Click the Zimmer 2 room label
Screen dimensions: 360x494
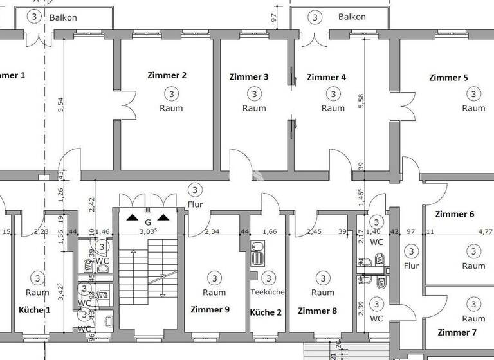167,75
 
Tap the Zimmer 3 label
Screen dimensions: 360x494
249,76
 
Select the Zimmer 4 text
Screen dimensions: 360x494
326,77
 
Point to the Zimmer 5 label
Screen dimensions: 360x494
448,78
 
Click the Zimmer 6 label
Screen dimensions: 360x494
455,214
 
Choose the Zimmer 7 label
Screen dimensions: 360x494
457,332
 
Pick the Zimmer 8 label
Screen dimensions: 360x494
318,310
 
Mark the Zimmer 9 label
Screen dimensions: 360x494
210,309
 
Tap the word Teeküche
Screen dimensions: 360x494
267,292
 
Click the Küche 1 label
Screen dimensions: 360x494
35,310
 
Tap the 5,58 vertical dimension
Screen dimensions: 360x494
361,102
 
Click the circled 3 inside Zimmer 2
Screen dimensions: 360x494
170,94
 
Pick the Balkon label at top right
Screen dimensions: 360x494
352,17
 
